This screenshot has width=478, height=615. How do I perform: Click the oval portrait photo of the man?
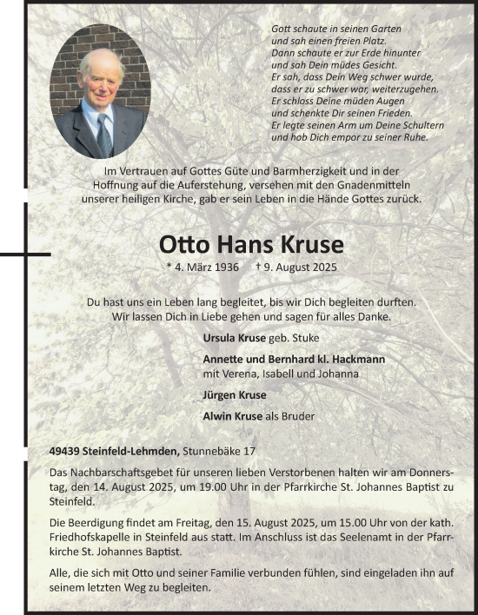click(100, 91)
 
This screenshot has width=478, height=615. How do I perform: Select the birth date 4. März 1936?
click(202, 268)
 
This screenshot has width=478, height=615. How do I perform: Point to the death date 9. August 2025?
click(302, 268)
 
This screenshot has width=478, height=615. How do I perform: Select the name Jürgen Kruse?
click(235, 395)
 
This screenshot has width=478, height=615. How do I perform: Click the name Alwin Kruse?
click(233, 416)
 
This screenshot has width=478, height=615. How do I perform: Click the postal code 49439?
click(66, 451)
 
